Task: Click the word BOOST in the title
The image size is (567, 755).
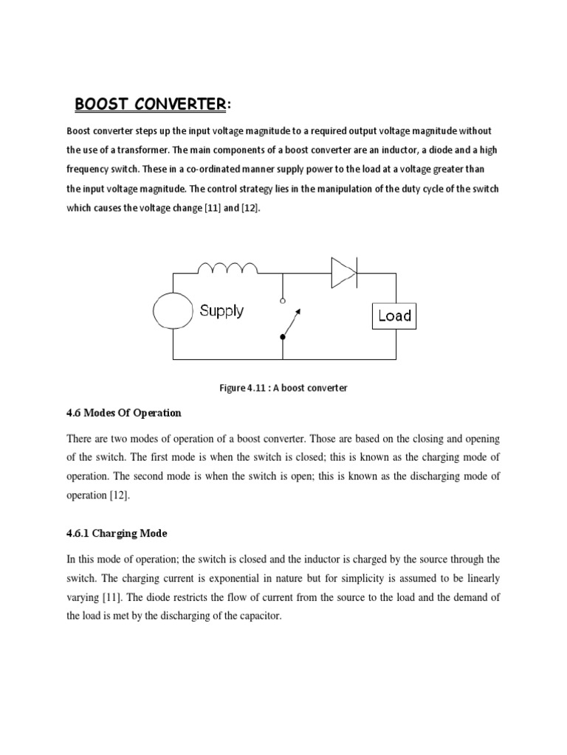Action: coord(103,104)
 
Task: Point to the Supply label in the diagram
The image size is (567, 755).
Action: coord(221,310)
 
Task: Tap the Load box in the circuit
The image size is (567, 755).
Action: coord(394,316)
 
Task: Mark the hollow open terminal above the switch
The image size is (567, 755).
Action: coord(283,301)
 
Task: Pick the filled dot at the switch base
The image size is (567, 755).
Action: coord(283,338)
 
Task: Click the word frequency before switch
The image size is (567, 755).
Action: coord(90,170)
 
